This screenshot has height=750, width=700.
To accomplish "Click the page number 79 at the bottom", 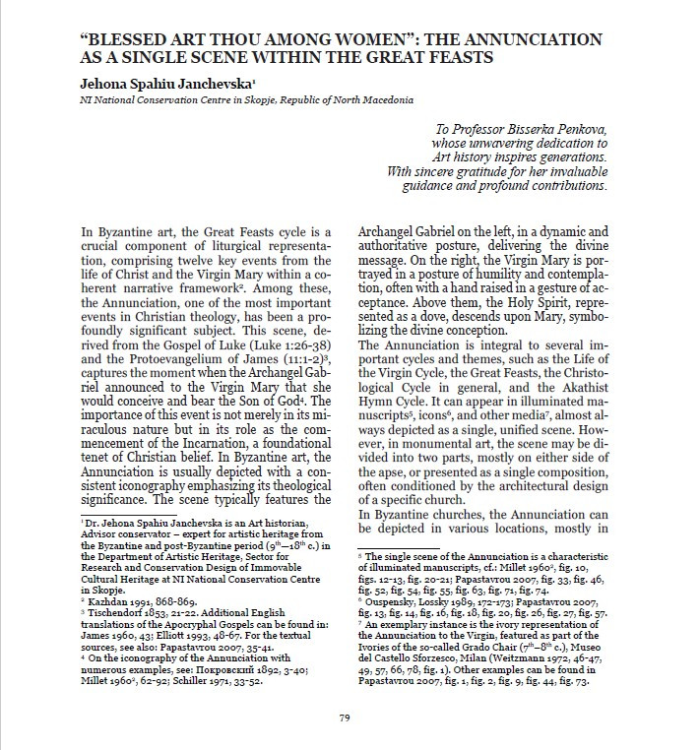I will coord(345,718).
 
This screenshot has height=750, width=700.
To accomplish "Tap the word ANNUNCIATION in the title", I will coord(532,40).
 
